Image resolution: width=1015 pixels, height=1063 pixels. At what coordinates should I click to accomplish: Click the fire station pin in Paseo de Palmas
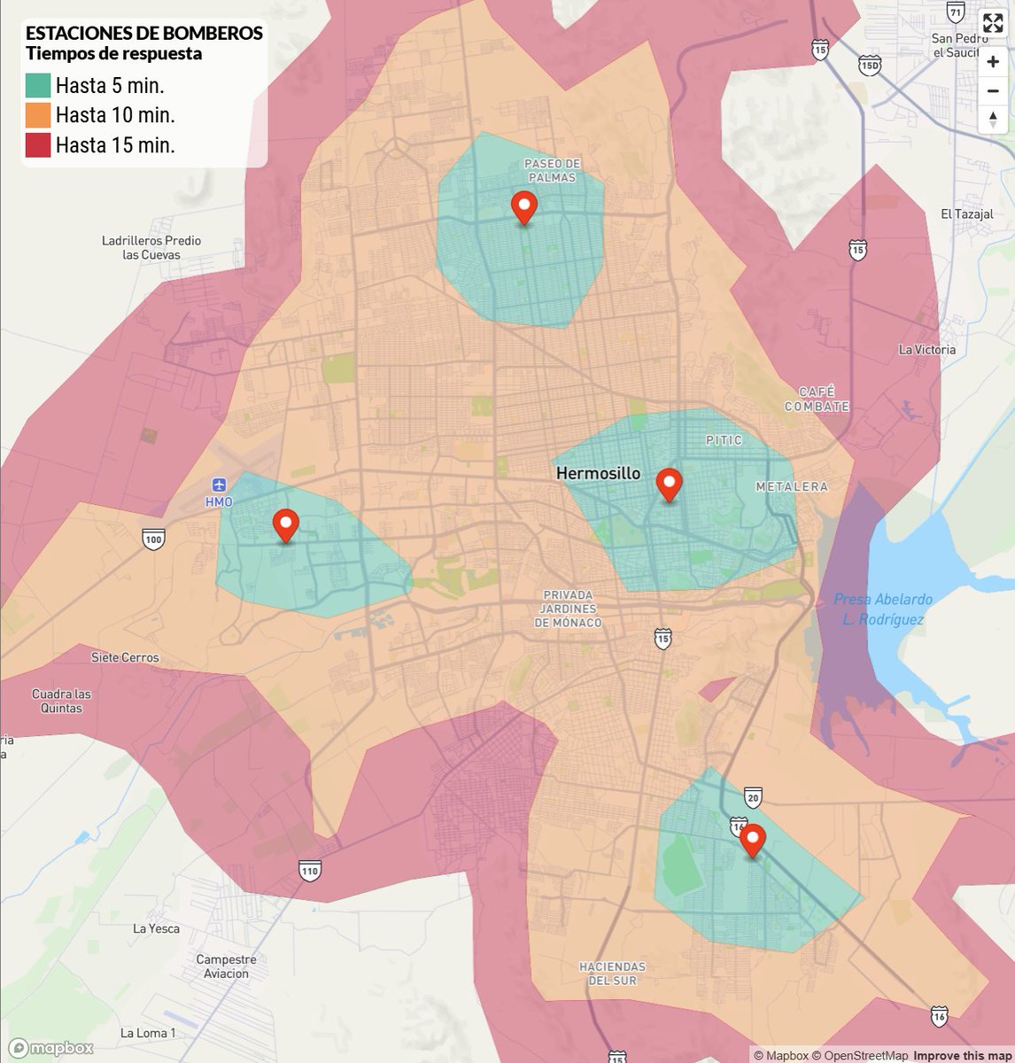tap(524, 207)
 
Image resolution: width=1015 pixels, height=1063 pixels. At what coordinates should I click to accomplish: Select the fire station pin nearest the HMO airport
tap(285, 525)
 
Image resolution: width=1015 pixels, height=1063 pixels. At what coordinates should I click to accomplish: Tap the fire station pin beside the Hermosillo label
tap(669, 485)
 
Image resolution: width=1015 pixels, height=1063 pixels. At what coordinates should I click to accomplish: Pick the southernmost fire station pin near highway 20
tap(753, 840)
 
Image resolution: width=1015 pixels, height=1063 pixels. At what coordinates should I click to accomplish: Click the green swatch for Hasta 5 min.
tap(38, 85)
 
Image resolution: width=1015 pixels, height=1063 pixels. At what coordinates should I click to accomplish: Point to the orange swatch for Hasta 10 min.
tap(38, 115)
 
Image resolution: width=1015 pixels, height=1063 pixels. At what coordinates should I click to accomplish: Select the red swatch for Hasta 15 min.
tap(38, 145)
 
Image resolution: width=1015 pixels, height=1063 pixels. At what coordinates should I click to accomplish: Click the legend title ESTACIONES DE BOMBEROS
tap(143, 34)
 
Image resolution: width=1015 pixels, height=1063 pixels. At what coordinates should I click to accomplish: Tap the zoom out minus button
tap(993, 91)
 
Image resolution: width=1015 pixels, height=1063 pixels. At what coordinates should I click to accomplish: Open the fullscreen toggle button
tap(993, 23)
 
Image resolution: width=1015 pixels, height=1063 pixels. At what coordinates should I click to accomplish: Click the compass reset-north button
tap(993, 120)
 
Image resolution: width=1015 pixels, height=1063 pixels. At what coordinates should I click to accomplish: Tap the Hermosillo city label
tap(598, 474)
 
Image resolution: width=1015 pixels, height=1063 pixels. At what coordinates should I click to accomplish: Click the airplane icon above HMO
tap(219, 484)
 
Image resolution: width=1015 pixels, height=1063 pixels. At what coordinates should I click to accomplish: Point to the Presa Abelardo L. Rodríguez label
tap(883, 609)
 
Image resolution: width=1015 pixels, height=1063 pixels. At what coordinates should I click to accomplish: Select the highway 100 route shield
tap(153, 539)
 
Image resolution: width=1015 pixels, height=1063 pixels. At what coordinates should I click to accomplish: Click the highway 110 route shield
tap(309, 871)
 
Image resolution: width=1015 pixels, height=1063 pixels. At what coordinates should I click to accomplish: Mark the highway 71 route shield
tap(955, 12)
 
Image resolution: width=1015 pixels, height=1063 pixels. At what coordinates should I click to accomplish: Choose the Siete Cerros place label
tap(125, 657)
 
